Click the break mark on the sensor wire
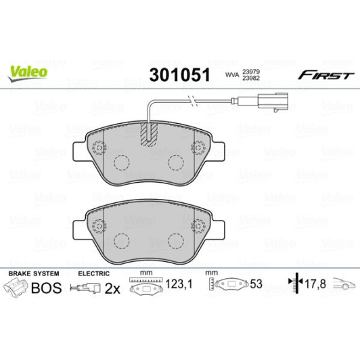(194, 103)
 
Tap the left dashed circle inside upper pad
(122, 162)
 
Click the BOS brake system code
(47, 288)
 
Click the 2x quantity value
(112, 288)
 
